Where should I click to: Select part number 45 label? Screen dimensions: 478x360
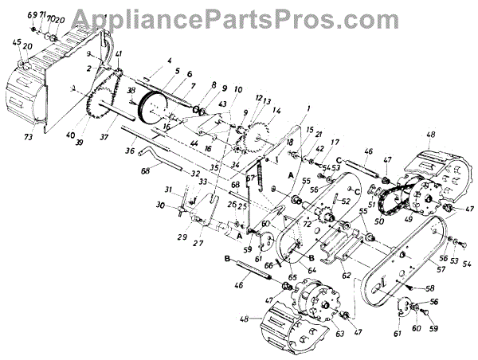click(x=18, y=42)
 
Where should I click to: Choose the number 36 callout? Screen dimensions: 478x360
click(x=128, y=151)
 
